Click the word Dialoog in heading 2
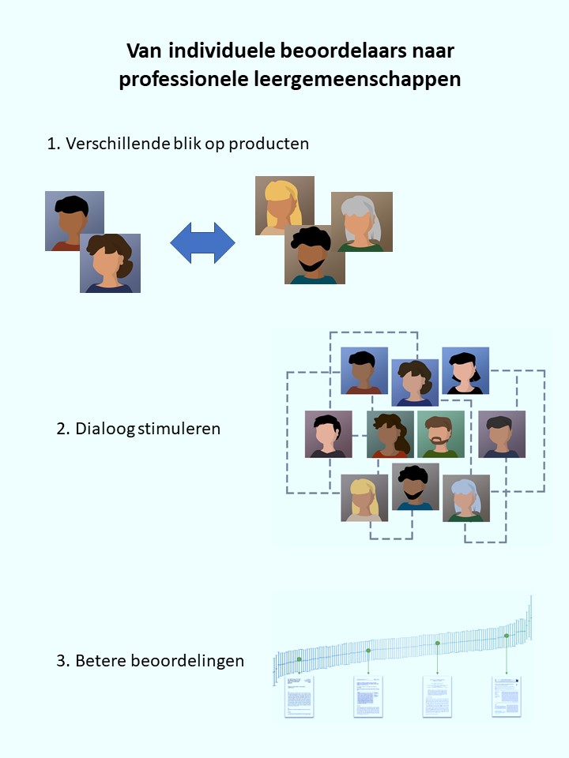click(105, 430)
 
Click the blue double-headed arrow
click(203, 242)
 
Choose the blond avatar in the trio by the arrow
click(284, 205)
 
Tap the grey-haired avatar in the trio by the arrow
click(361, 222)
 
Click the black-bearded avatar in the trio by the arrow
click(314, 254)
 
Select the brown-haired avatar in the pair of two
click(110, 263)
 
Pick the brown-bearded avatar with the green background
click(440, 434)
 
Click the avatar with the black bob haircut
click(465, 371)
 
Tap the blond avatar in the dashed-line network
click(364, 498)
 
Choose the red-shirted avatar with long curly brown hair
click(390, 434)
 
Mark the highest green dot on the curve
click(507, 636)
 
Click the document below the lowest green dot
click(300, 696)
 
